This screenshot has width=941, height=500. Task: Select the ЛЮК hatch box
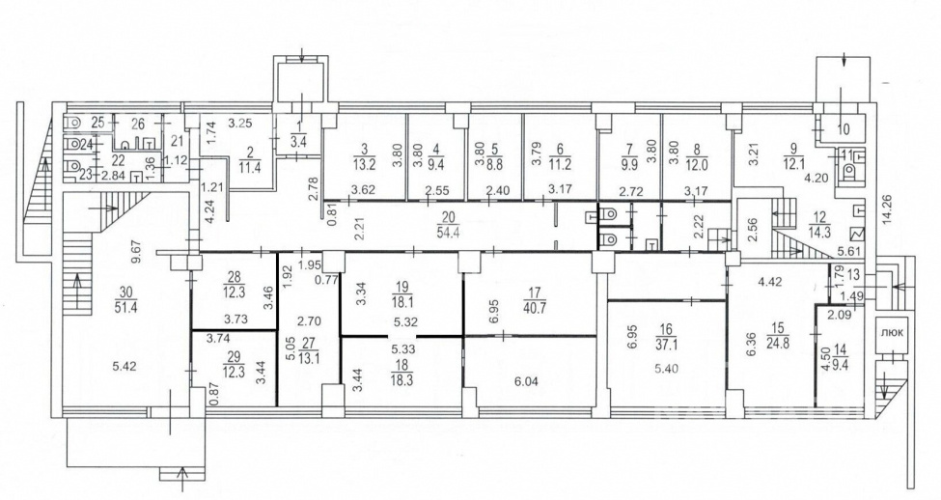click(x=890, y=333)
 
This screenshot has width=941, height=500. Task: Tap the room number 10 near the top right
click(x=844, y=129)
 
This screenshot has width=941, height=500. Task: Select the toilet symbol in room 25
click(x=72, y=122)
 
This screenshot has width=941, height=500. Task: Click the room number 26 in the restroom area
click(x=137, y=125)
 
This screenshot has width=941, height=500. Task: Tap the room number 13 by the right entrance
click(x=854, y=274)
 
